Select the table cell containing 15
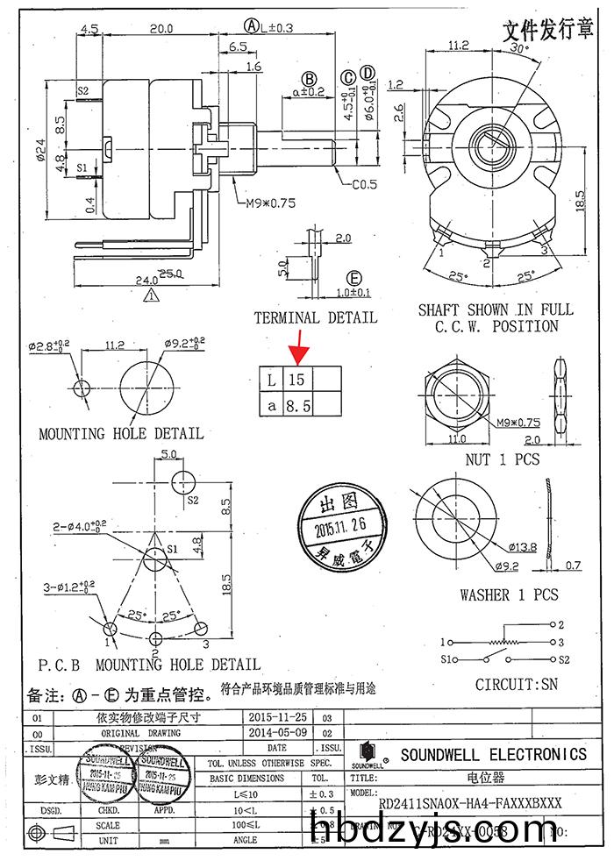coord(298,381)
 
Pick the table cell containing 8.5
coord(298,404)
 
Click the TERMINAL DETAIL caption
coord(315,317)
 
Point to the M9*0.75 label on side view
coord(269,203)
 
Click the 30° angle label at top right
coord(519,50)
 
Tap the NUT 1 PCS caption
coord(503,459)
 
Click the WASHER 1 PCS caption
coord(509,594)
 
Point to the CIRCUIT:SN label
coord(516,684)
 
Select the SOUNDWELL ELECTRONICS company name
coord(493,754)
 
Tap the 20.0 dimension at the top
coord(161,29)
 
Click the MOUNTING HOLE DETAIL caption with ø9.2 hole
coord(121,433)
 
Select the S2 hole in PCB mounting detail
coord(183,480)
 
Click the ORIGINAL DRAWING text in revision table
coord(141,732)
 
